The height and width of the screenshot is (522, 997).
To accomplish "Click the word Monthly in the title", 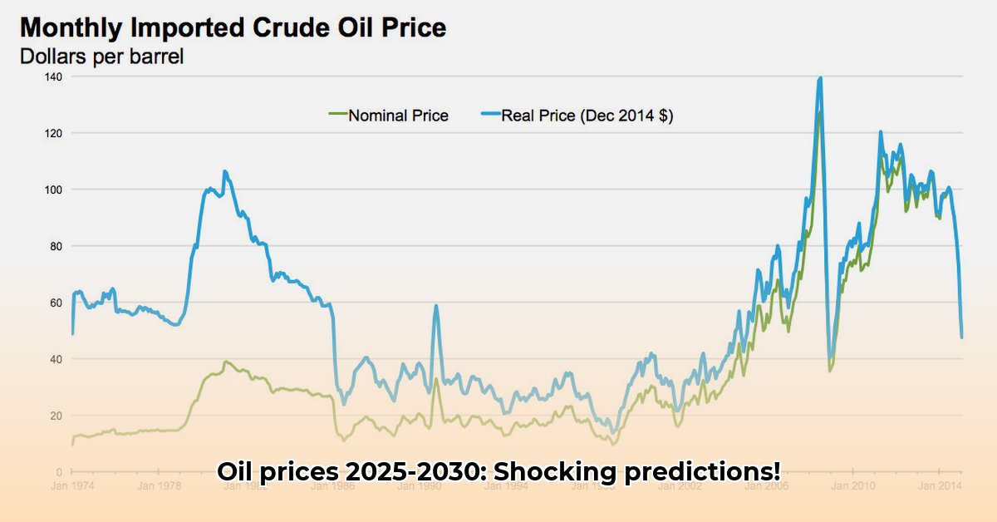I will pos(74,28).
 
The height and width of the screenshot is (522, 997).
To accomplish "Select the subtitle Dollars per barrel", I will pos(101,57).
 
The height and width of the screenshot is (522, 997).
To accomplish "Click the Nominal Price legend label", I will pos(398,116).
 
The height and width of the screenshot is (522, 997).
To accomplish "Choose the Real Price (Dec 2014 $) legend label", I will pos(587,116).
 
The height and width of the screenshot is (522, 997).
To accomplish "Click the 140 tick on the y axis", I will pos(54,76).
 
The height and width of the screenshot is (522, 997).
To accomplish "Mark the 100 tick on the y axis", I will pos(54,190).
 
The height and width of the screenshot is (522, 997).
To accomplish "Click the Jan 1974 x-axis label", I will pos(71,485).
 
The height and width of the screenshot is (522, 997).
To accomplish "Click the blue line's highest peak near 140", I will pos(820,78).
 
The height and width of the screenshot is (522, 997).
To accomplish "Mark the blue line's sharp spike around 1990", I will pos(435,306).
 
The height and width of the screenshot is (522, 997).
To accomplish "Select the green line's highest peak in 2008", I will pos(819,113).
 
